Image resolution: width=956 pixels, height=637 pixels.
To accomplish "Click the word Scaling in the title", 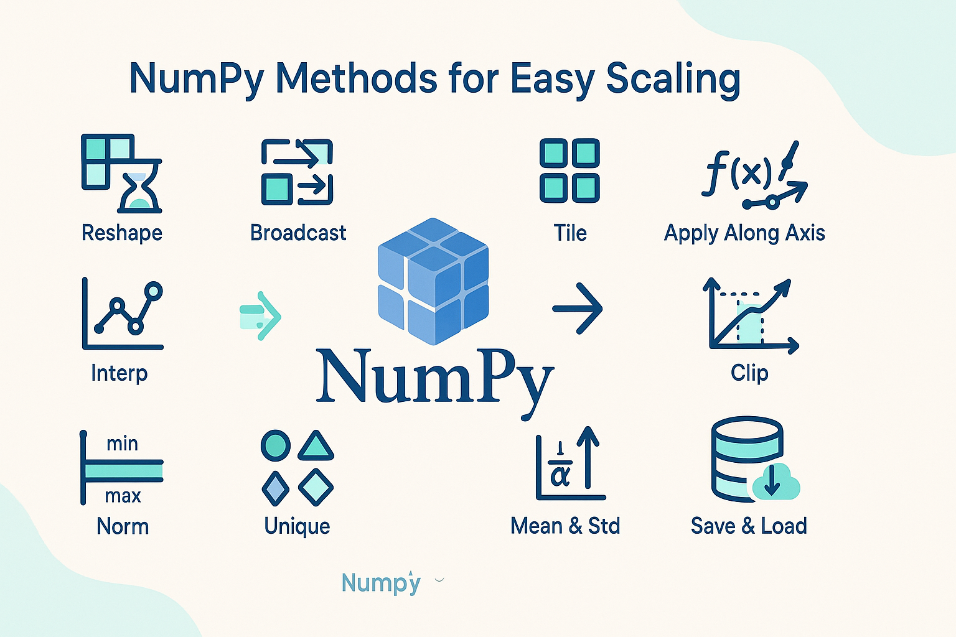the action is point(673,80).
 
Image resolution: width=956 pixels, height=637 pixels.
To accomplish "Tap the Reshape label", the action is point(122,233).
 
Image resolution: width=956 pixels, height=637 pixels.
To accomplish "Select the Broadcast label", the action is point(298,233).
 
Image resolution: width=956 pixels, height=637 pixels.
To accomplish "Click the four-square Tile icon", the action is point(569,170).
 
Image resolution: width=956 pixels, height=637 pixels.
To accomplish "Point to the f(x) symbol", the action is point(738,171).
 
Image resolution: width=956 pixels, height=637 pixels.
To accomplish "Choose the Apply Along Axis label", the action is point(744,233).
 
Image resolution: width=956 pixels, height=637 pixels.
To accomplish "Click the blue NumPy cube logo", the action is point(433,281).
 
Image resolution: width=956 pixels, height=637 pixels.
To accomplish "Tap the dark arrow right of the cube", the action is point(578,309).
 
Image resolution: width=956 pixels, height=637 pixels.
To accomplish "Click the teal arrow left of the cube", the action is point(261,316).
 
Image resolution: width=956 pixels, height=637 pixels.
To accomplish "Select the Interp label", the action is point(119,373).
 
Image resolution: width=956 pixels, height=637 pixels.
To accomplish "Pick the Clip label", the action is point(749,373).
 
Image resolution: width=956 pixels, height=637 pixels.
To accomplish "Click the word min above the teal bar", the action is point(122,444).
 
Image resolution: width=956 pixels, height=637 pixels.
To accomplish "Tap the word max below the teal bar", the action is point(123,496).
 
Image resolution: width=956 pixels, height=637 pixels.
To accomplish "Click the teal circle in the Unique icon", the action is point(275,445).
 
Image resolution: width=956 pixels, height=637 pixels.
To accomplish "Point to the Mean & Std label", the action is point(565,526).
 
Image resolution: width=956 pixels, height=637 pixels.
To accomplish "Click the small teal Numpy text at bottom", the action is point(381,583).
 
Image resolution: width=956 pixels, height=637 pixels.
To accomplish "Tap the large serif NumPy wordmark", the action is point(434,376).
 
